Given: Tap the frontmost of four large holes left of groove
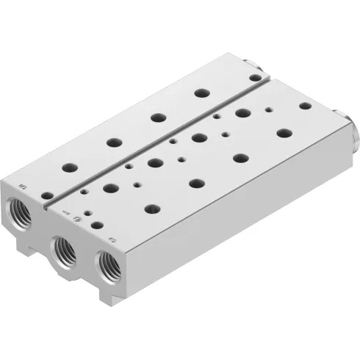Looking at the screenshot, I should pyautogui.click(x=67, y=167).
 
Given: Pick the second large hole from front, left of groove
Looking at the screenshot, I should pyautogui.click(x=112, y=142).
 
